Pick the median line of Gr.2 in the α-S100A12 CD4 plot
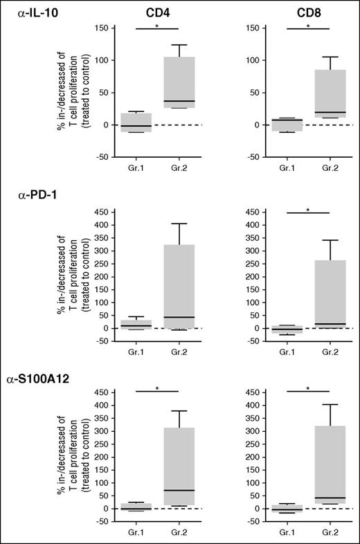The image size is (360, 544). [179, 490]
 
